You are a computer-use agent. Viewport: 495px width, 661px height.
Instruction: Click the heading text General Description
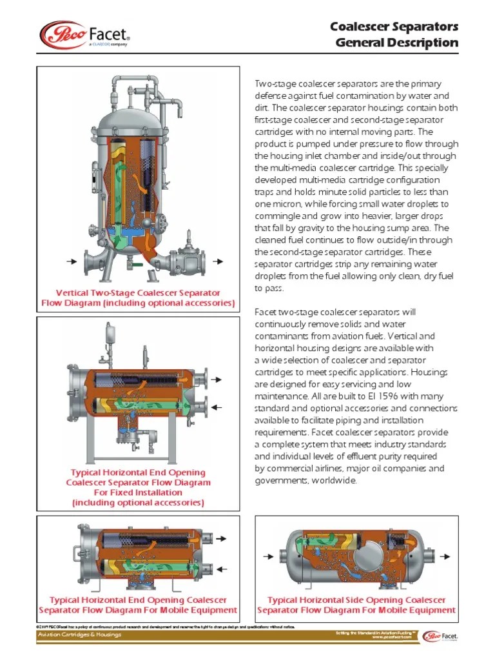coord(397,43)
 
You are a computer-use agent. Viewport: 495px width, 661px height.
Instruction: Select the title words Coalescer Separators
coord(394,26)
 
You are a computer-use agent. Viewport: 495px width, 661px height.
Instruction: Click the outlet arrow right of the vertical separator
coord(219,261)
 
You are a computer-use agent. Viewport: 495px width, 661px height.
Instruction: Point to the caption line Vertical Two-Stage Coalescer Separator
coord(138,292)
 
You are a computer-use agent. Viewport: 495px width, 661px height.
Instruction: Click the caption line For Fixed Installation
coord(138,492)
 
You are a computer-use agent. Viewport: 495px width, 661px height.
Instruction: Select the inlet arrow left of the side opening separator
coord(266,555)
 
